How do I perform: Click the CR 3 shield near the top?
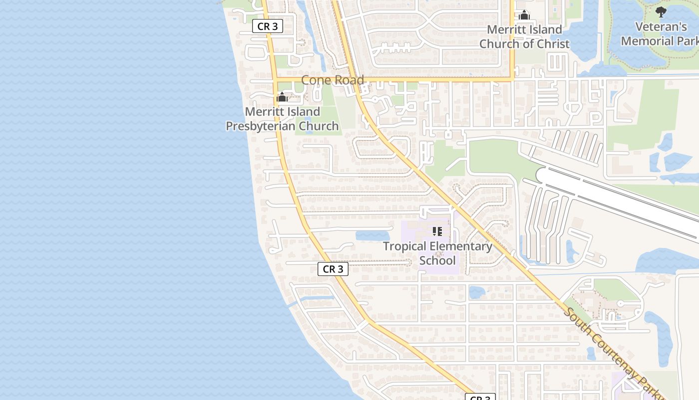(268, 26)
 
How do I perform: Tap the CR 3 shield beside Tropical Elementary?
(333, 269)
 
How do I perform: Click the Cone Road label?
(333, 80)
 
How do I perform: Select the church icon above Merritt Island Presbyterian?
(282, 97)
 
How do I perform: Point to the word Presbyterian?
(282, 126)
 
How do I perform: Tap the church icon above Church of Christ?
(524, 15)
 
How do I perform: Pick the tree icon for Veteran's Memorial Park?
(661, 12)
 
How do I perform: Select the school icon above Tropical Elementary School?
(437, 231)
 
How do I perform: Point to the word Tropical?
(404, 246)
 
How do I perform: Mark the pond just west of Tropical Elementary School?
(372, 235)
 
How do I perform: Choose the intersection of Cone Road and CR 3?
(275, 79)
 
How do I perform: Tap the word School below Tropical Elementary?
(437, 260)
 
